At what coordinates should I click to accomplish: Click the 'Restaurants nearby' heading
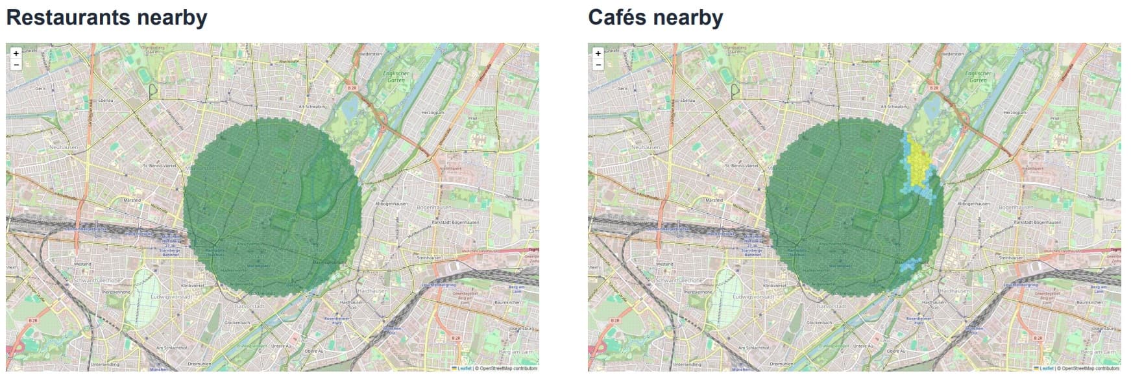[106, 18]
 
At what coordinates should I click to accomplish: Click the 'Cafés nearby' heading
[655, 18]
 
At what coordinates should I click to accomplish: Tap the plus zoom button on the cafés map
[598, 53]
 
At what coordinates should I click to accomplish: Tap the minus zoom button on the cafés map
[598, 65]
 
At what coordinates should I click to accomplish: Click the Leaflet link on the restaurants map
[464, 368]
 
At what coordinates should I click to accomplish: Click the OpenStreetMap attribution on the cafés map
[1091, 368]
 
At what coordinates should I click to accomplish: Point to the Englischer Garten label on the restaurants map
[396, 77]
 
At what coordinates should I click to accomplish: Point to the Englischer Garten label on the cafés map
[978, 77]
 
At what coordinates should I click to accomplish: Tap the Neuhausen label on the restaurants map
[64, 147]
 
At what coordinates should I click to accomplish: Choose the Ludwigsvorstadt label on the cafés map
[753, 296]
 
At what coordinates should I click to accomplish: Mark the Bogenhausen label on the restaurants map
[434, 208]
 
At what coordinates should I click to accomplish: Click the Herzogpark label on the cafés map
[1016, 113]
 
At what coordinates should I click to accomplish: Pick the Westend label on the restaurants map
[82, 264]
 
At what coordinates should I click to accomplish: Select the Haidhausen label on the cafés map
[954, 291]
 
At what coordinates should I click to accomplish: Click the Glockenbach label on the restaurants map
[237, 322]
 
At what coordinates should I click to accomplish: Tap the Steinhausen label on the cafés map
[1011, 257]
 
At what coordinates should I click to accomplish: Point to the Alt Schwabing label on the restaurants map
[312, 106]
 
